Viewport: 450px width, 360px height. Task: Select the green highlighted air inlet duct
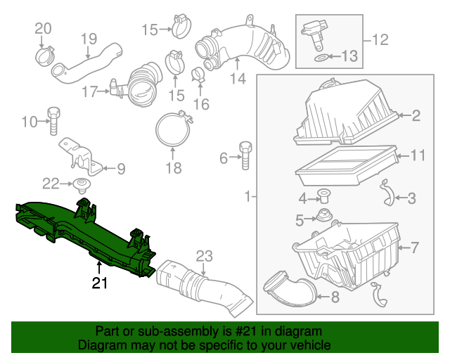click(84, 232)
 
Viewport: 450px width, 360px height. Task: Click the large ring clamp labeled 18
click(173, 131)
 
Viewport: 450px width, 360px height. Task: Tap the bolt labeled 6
click(245, 155)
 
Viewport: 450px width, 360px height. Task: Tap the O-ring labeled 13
click(319, 55)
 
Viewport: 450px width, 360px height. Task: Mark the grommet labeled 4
click(325, 195)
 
